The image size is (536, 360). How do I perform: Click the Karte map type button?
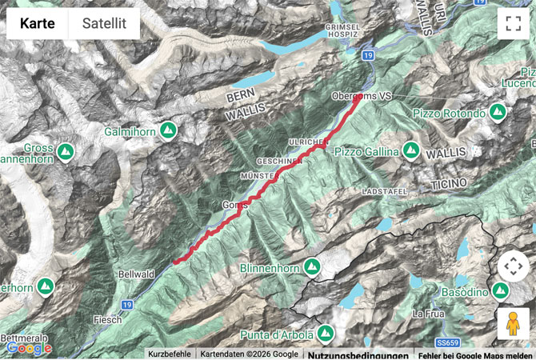point(38,25)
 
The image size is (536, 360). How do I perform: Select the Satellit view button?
point(104,25)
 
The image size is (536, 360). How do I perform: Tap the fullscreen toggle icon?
point(512,25)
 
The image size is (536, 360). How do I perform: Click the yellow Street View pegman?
point(512,324)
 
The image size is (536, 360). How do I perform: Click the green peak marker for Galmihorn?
point(168,130)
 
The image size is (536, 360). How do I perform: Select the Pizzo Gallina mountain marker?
point(410,150)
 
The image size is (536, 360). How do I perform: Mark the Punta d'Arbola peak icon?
point(325,332)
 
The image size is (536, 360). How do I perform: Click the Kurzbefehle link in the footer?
point(170,354)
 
